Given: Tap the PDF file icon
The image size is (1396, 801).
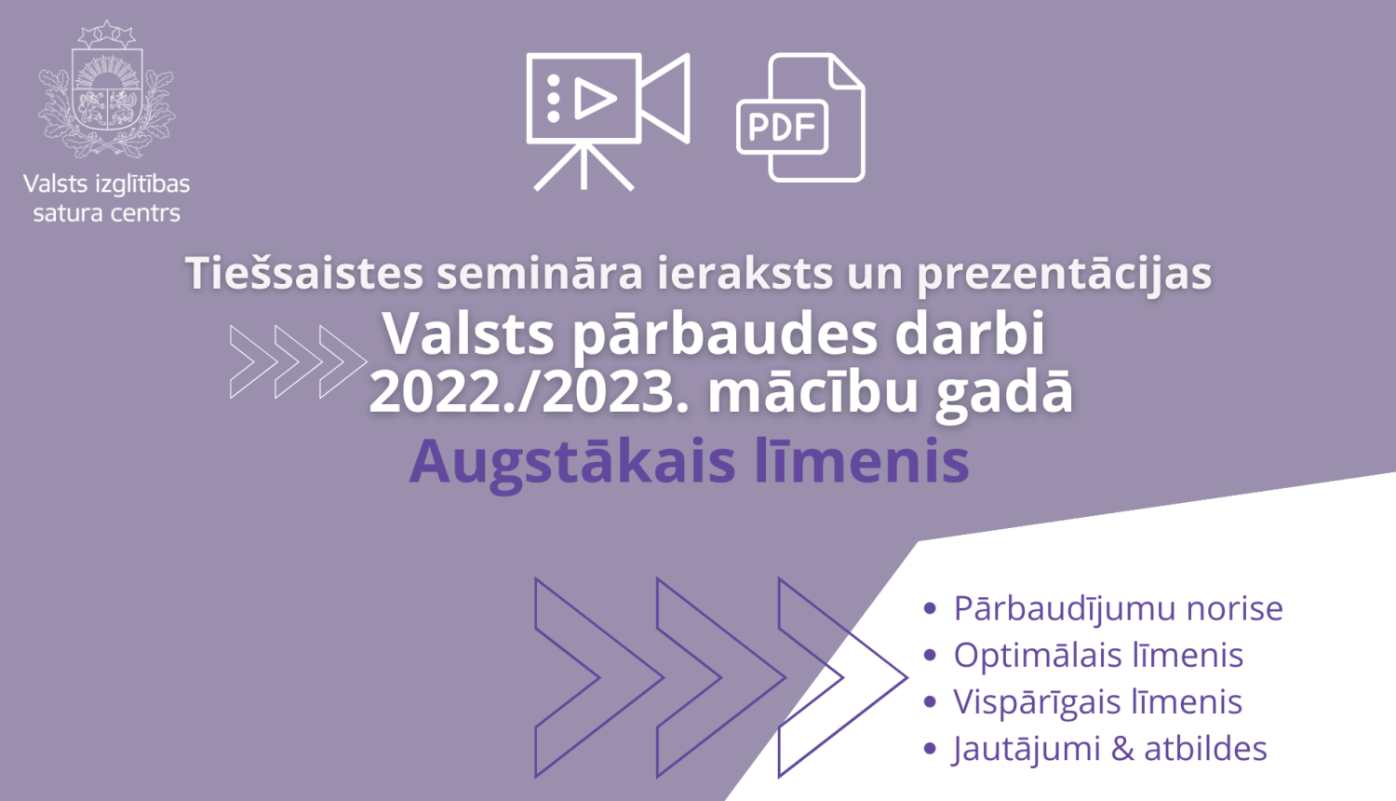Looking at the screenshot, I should (x=800, y=118).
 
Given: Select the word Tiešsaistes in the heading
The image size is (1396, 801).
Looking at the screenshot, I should (x=304, y=273).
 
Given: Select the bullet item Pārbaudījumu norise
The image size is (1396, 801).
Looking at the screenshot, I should (x=1118, y=608).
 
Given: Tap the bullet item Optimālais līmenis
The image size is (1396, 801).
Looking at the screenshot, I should (x=1098, y=655).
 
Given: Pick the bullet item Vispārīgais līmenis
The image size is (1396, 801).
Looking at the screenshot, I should (x=1097, y=701).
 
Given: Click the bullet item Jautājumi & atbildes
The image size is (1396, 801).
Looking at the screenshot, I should (x=1109, y=748).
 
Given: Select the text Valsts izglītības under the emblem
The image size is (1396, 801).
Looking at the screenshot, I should (x=106, y=183).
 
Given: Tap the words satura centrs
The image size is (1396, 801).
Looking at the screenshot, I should (x=106, y=213).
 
